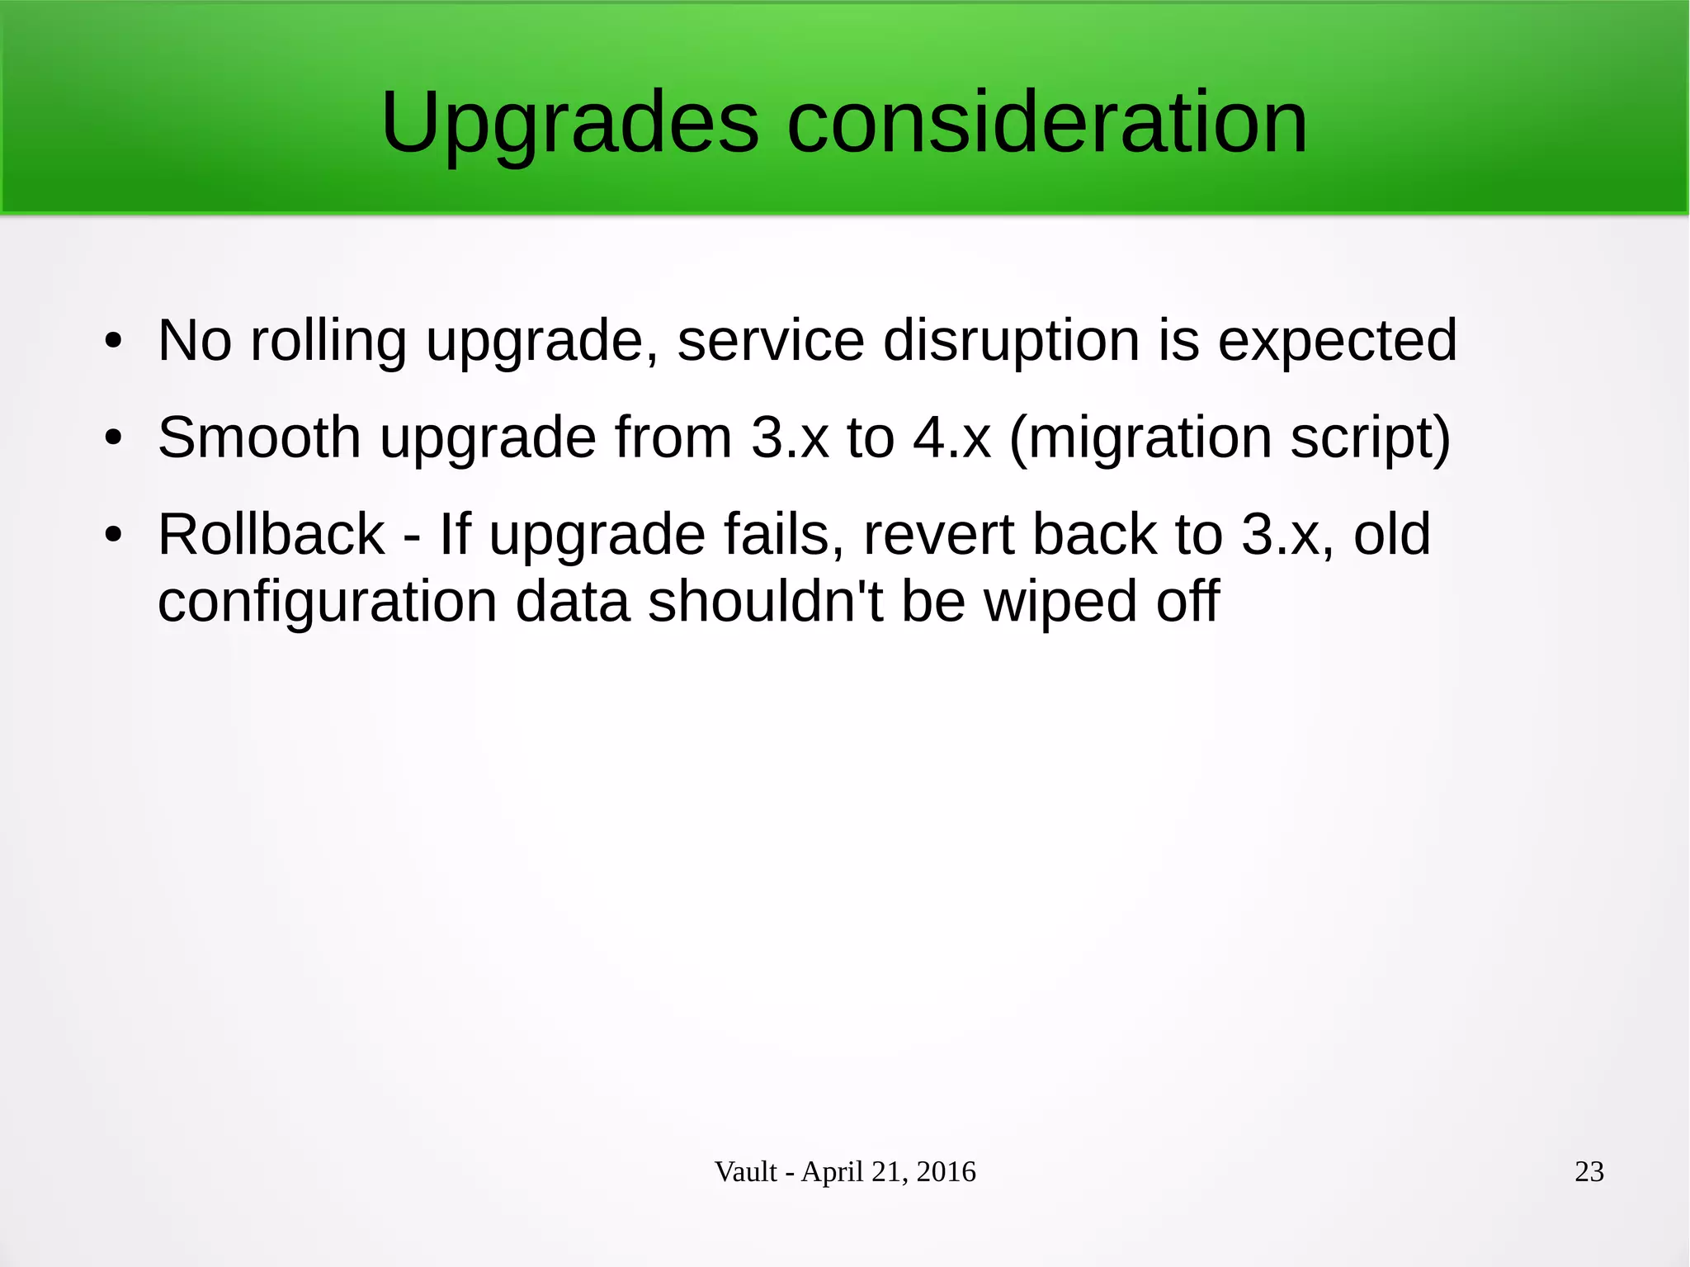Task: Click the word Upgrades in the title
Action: click(569, 124)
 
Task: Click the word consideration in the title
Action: click(1047, 124)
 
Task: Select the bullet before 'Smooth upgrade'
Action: click(113, 437)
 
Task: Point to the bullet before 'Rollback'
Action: click(113, 535)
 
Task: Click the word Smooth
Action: click(259, 437)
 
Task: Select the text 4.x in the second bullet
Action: click(951, 437)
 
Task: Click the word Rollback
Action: click(271, 535)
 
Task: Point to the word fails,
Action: click(784, 535)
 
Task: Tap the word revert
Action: click(938, 535)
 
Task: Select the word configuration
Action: click(327, 601)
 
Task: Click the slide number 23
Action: click(1589, 1172)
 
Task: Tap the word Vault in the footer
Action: click(745, 1172)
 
